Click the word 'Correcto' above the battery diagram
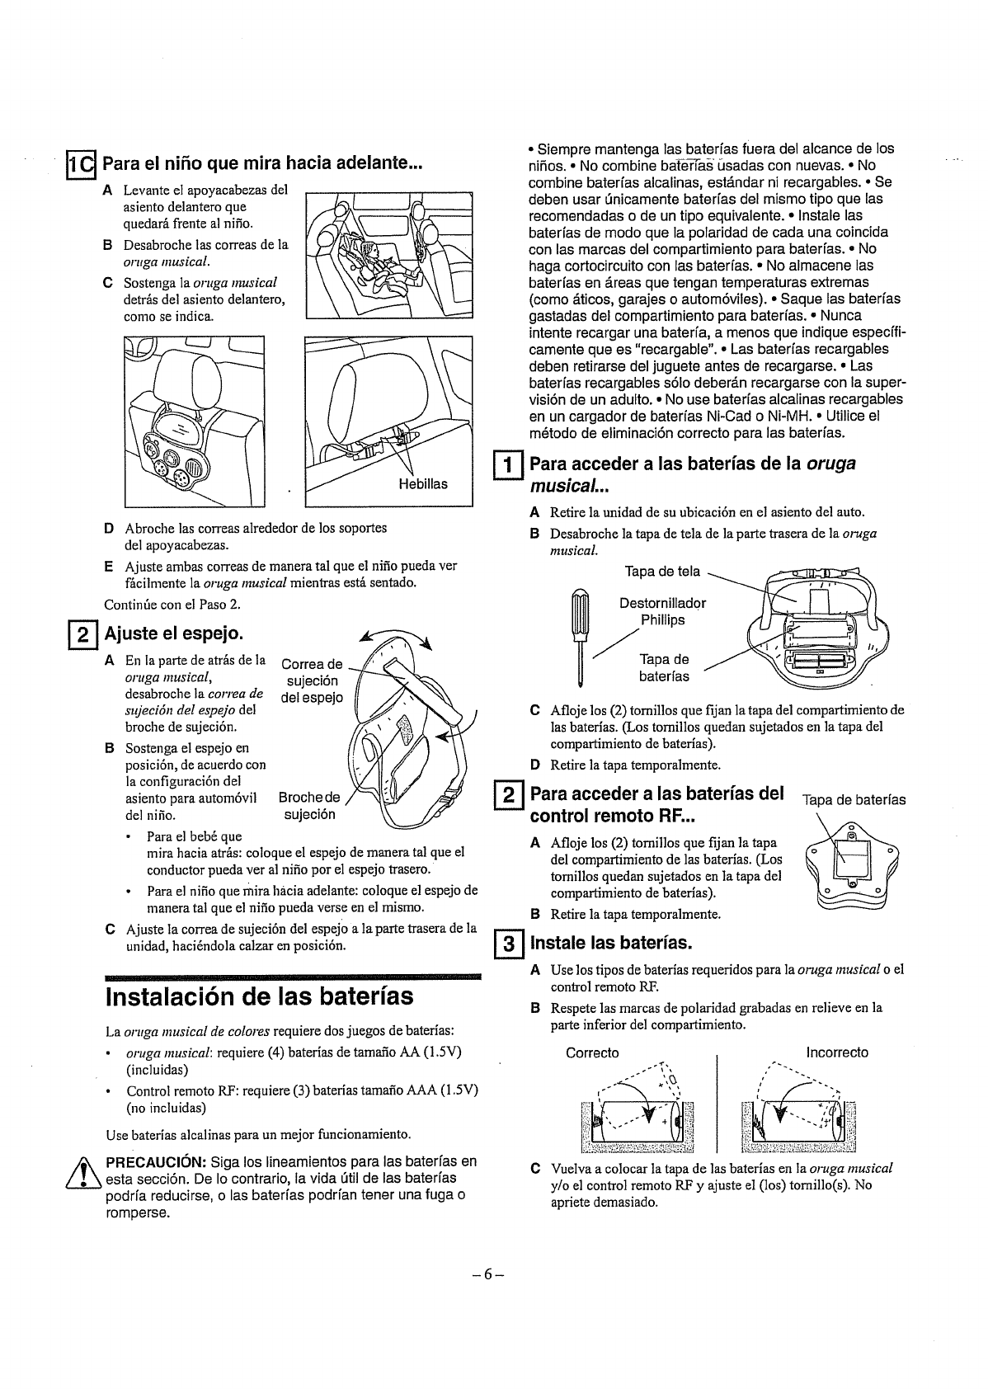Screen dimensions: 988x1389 (x=592, y=1052)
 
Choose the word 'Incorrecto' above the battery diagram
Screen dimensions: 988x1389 (x=837, y=1052)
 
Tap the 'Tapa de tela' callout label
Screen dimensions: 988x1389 (x=662, y=572)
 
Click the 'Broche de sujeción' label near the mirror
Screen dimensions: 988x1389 (x=309, y=806)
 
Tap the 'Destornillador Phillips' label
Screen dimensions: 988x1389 (x=662, y=611)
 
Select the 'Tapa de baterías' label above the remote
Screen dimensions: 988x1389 (x=854, y=799)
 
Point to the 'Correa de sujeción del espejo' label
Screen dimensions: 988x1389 (x=312, y=680)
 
